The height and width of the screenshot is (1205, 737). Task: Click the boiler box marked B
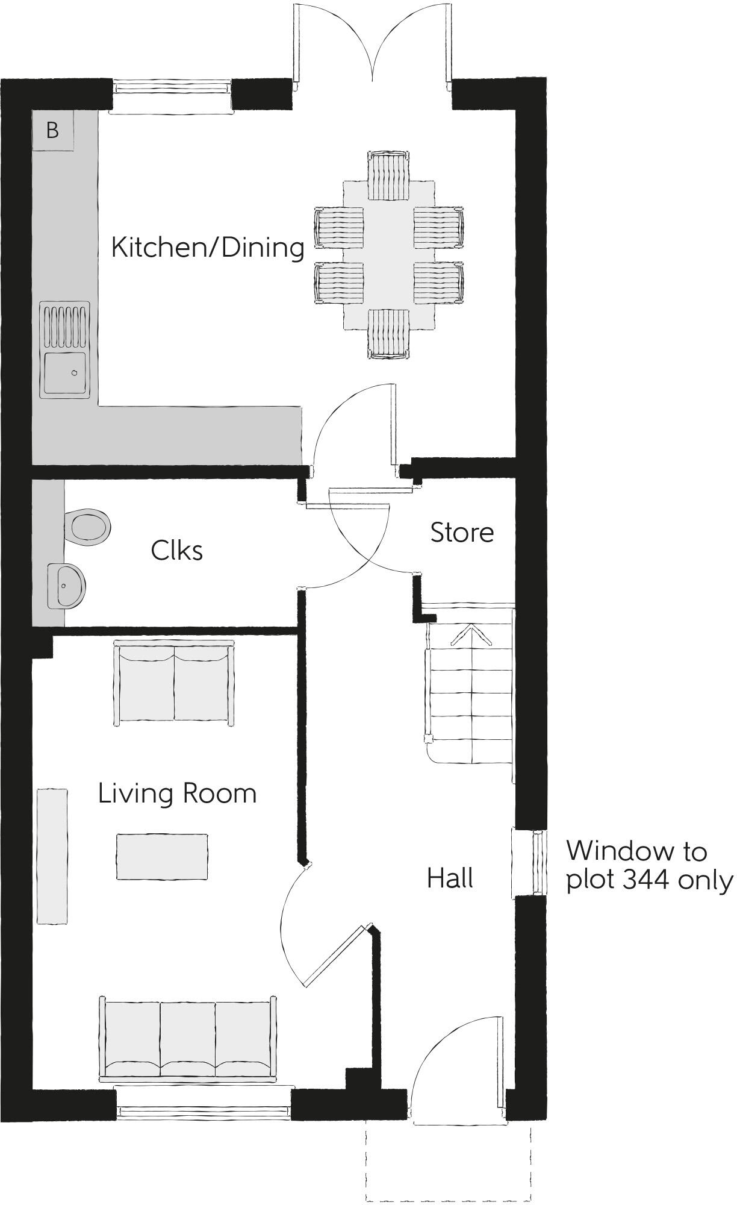click(52, 130)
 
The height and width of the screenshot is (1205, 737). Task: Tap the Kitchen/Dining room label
click(208, 247)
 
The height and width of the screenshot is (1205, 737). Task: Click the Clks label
click(176, 550)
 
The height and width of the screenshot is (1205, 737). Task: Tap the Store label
click(462, 532)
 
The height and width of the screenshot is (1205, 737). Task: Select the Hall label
click(450, 878)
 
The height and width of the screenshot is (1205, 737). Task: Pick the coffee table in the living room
click(162, 856)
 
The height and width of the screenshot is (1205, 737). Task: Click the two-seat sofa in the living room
click(174, 683)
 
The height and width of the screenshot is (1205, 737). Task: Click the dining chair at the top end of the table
click(389, 176)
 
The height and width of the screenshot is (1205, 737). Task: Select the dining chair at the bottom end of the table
click(389, 334)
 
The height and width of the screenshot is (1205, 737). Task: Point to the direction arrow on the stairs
click(471, 636)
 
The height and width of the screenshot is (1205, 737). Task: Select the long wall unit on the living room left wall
click(52, 856)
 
